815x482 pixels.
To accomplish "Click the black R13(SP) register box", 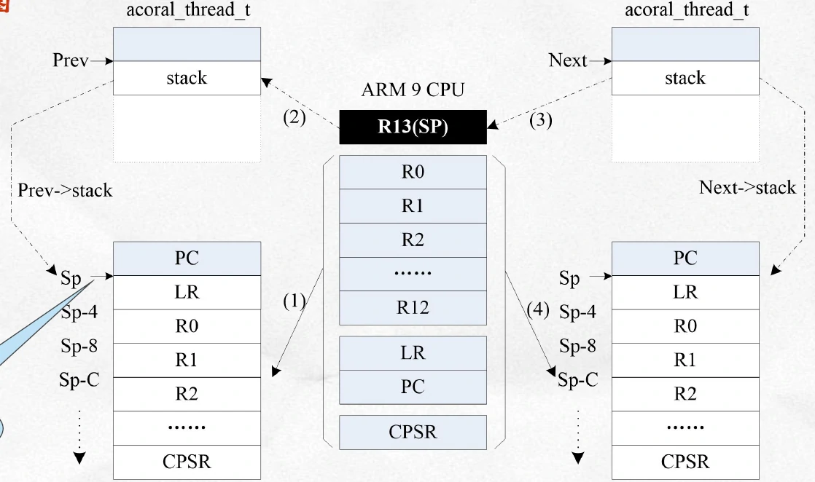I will [413, 127].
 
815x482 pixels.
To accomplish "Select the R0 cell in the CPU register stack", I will [413, 173].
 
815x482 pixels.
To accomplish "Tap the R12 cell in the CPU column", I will [413, 307].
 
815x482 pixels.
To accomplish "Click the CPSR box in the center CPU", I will [413, 432].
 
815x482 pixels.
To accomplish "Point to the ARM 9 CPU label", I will [413, 91].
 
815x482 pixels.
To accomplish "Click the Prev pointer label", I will [70, 60].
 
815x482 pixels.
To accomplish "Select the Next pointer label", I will [568, 60].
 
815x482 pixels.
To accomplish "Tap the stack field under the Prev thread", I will [187, 78].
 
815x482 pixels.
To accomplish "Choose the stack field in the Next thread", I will [685, 78].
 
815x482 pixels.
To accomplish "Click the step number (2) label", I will [295, 116].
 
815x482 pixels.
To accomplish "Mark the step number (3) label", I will [540, 121].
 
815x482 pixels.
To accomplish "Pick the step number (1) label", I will [295, 301].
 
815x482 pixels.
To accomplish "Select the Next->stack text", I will [747, 187].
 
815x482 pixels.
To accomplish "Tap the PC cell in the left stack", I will [187, 258].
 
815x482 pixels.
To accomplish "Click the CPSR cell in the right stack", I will [685, 462].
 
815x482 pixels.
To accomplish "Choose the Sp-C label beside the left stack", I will [79, 380].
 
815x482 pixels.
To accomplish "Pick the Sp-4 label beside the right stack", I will [577, 312].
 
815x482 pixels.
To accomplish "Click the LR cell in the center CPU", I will [413, 353].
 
